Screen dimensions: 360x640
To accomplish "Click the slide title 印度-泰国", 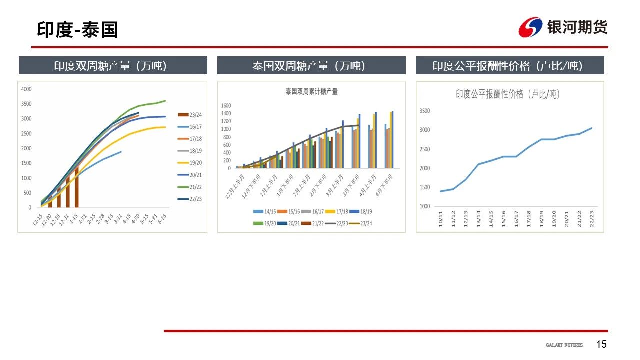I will coord(77,30).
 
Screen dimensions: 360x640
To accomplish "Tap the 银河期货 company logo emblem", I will coord(530,27).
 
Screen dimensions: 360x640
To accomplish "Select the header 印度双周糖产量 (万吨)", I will coord(113,66).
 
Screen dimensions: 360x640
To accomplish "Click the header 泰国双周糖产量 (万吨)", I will coord(311,66).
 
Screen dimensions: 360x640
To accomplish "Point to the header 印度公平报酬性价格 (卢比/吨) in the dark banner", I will coord(510,66).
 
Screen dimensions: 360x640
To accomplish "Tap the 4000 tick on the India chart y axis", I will coord(26,89).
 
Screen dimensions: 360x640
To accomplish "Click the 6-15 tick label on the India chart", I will coord(162,221).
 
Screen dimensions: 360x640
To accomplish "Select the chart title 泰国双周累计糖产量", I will coord(311,92).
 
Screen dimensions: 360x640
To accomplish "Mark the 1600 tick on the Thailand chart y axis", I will coord(226,106).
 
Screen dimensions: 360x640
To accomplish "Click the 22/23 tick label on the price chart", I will coord(592,219).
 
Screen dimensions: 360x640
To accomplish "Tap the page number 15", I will coord(601,344).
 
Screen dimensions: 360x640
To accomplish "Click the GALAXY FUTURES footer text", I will coord(564,345).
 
